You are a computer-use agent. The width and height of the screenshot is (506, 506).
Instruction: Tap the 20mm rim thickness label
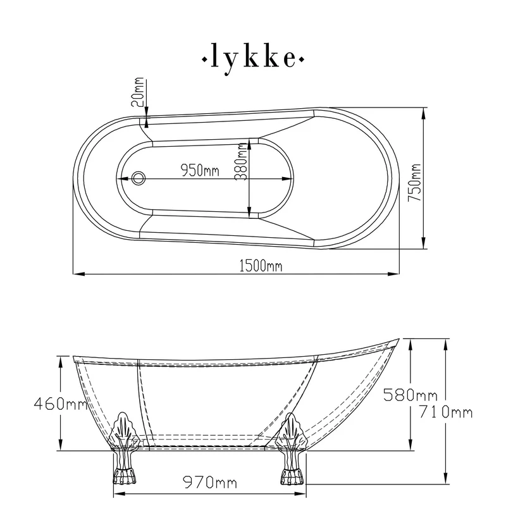pyautogui.click(x=138, y=92)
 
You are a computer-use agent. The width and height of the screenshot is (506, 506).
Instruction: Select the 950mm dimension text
pyautogui.click(x=200, y=170)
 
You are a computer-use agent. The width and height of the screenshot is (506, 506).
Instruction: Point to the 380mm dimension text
pyautogui.click(x=241, y=162)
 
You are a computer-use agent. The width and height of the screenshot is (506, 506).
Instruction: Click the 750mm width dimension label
pyautogui.click(x=415, y=183)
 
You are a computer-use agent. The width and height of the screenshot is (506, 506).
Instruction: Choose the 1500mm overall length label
pyautogui.click(x=261, y=266)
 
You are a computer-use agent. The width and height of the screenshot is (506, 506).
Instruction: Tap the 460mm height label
pyautogui.click(x=61, y=404)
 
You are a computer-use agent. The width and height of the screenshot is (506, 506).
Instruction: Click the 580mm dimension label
pyautogui.click(x=410, y=395)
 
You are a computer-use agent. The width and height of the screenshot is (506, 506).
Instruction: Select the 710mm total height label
pyautogui.click(x=446, y=412)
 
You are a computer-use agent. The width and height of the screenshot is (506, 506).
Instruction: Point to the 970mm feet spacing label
pyautogui.click(x=210, y=483)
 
